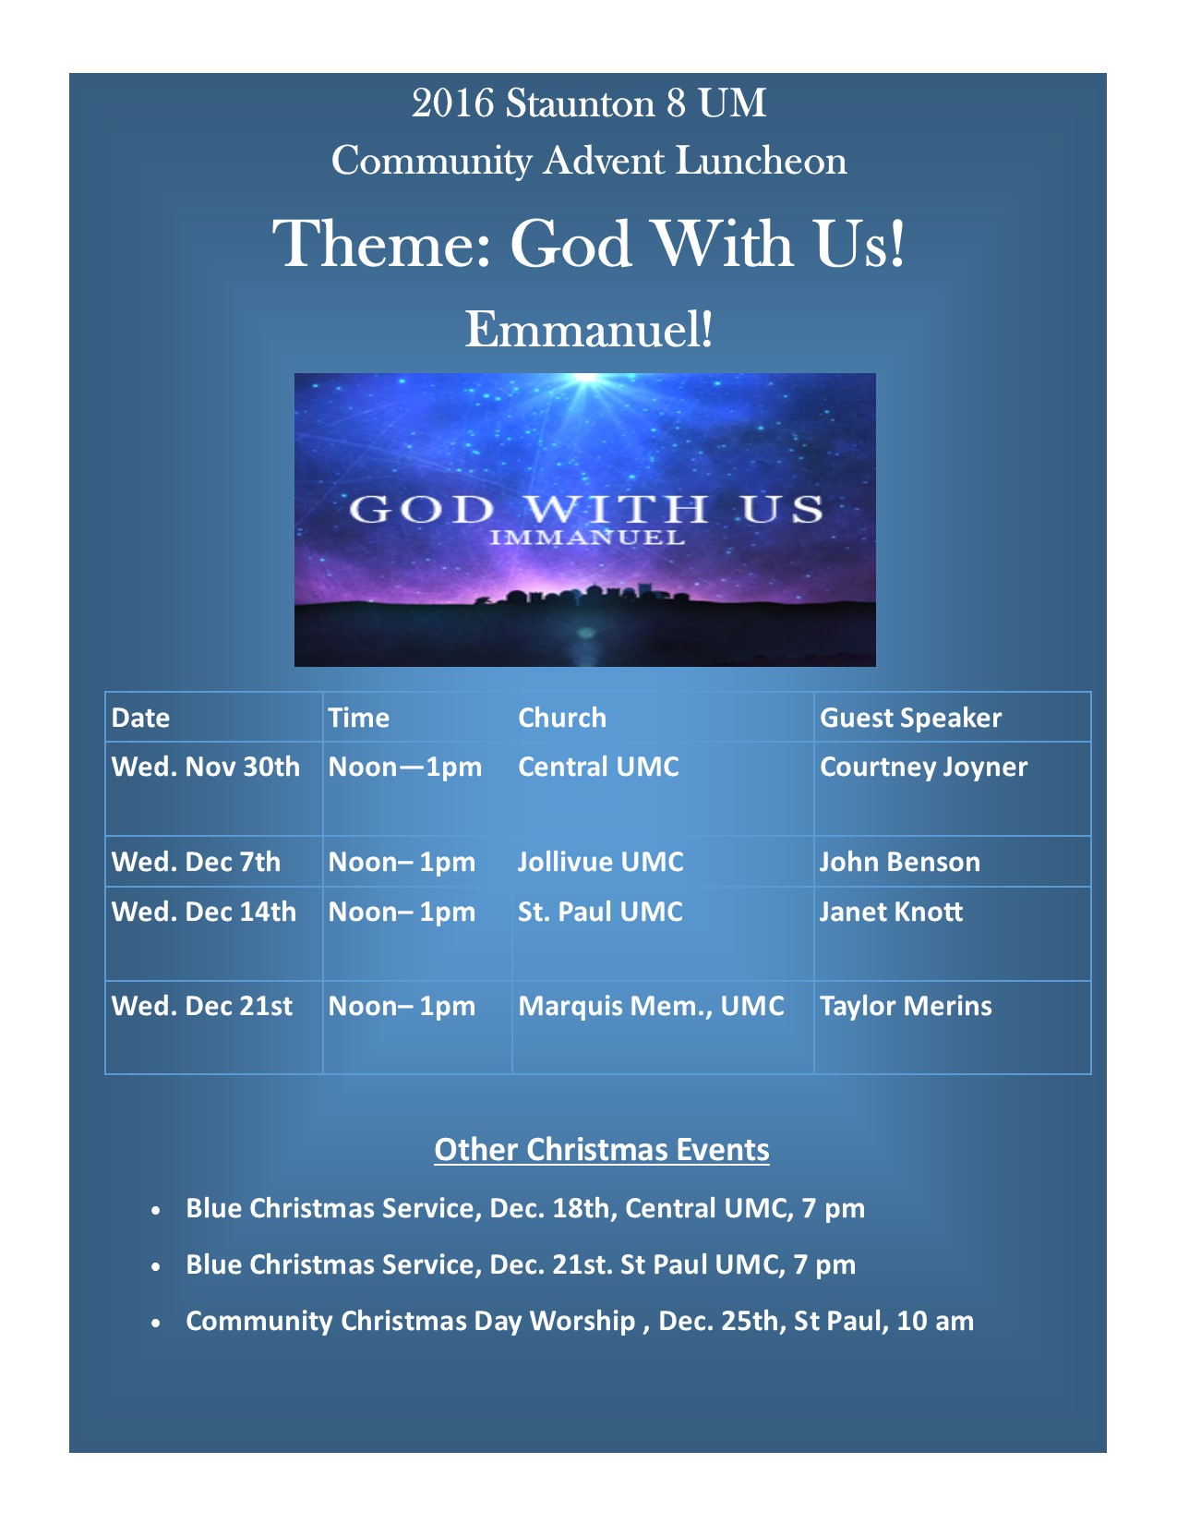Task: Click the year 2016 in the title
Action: pyautogui.click(x=453, y=103)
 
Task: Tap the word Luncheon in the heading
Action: pyautogui.click(x=761, y=161)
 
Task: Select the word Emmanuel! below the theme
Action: pyautogui.click(x=589, y=329)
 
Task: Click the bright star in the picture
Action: pyautogui.click(x=587, y=380)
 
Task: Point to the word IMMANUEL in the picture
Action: pyautogui.click(x=587, y=538)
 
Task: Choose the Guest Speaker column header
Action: pyautogui.click(x=910, y=719)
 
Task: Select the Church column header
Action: pyautogui.click(x=561, y=718)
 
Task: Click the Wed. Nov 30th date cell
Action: pyautogui.click(x=205, y=767)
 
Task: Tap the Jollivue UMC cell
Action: pyautogui.click(x=600, y=861)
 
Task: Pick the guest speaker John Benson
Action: pyautogui.click(x=900, y=861)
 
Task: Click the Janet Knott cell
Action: pyautogui.click(x=891, y=912)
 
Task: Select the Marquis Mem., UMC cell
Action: pyautogui.click(x=651, y=1006)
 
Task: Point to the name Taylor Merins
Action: pyautogui.click(x=906, y=1006)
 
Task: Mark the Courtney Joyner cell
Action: pyautogui.click(x=923, y=768)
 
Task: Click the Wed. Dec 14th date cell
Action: pyautogui.click(x=203, y=912)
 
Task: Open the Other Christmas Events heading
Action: pyautogui.click(x=602, y=1150)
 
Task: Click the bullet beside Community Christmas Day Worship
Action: pyautogui.click(x=156, y=1324)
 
